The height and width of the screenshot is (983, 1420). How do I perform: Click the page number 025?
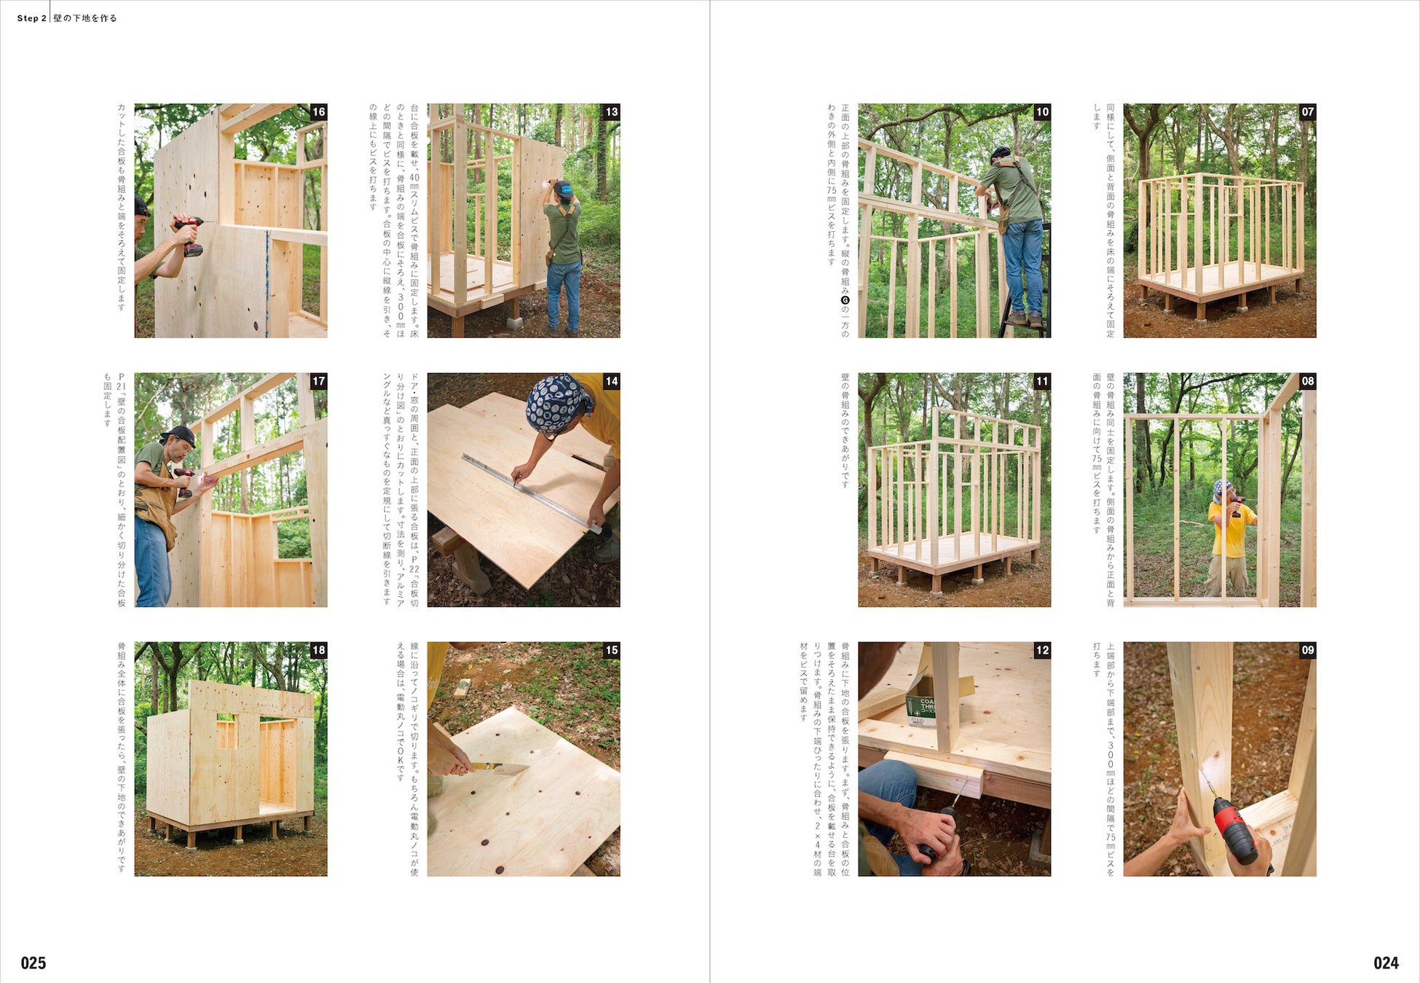point(33,963)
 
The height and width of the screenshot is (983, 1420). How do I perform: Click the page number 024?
point(1386,963)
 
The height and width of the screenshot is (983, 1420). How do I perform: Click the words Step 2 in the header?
point(31,18)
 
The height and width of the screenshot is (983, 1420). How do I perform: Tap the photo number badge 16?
point(319,111)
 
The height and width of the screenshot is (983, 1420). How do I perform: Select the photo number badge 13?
point(612,111)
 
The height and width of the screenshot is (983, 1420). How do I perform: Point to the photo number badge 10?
point(1042,111)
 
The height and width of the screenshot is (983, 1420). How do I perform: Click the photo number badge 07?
point(1308,111)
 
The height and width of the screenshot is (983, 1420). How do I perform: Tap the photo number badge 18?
point(319,650)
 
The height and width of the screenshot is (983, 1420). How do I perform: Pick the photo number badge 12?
point(1042,650)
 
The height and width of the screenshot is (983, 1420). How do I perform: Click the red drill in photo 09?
point(1235,831)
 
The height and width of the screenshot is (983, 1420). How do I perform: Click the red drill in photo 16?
point(189,235)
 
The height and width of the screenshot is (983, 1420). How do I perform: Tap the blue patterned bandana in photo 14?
point(556,403)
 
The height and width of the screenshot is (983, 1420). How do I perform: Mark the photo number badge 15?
point(612,650)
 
